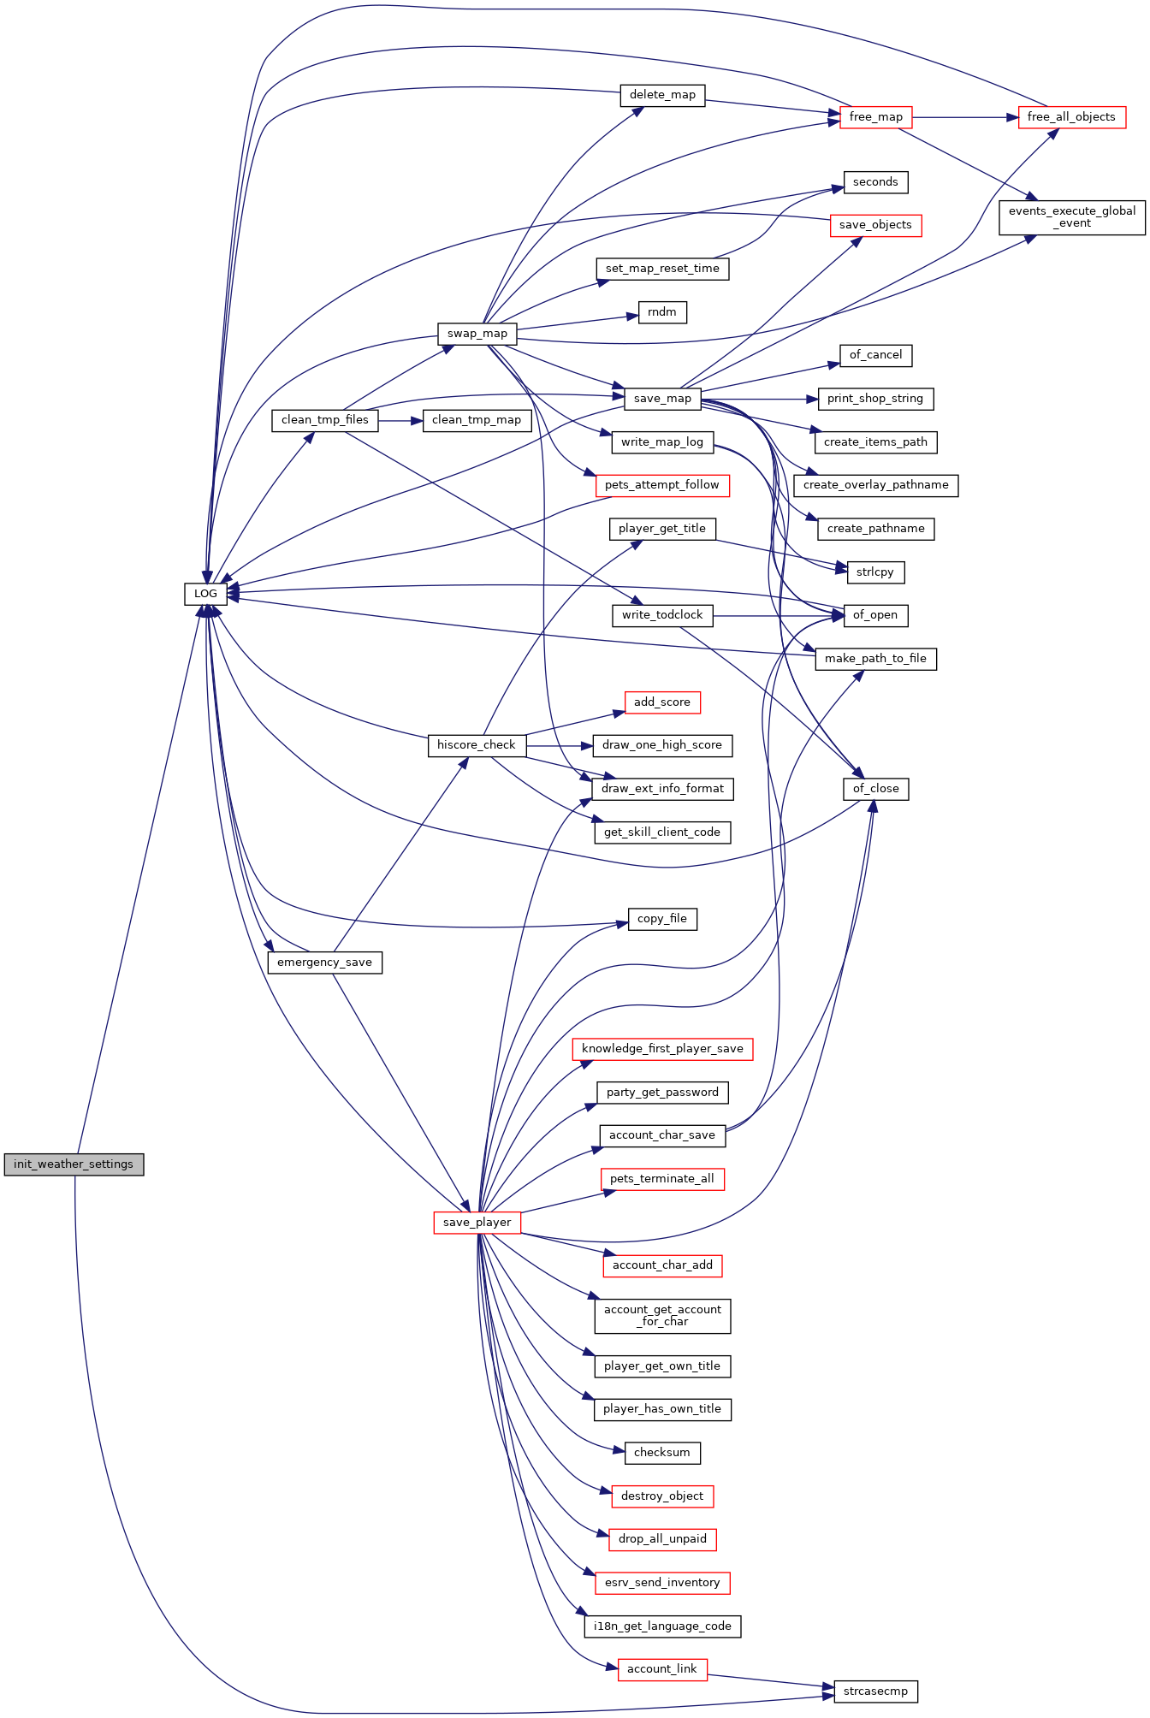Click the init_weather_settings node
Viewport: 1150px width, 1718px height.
click(x=74, y=1164)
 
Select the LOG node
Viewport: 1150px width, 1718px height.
click(x=205, y=594)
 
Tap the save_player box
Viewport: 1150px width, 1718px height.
click(x=477, y=1223)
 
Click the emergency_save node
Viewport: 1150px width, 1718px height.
click(x=324, y=963)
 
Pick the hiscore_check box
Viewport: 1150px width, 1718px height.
click(x=476, y=745)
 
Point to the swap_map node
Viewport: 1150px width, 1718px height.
click(x=477, y=334)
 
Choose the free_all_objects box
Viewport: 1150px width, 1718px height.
click(x=1071, y=117)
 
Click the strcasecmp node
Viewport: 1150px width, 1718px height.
click(x=875, y=1691)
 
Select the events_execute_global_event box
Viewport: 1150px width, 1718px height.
click(x=1071, y=217)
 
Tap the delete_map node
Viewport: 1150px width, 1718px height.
click(x=662, y=95)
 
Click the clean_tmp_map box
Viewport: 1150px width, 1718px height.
click(x=477, y=420)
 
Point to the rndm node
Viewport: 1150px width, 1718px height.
click(x=662, y=312)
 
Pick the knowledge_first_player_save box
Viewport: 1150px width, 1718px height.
click(x=662, y=1049)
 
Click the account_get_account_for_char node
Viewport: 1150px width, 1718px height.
click(x=662, y=1315)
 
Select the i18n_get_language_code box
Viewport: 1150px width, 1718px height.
click(x=662, y=1626)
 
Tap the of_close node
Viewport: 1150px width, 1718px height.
click(x=875, y=789)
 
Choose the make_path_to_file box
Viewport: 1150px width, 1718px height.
click(x=875, y=659)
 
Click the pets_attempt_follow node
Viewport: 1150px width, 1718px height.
click(x=662, y=485)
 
